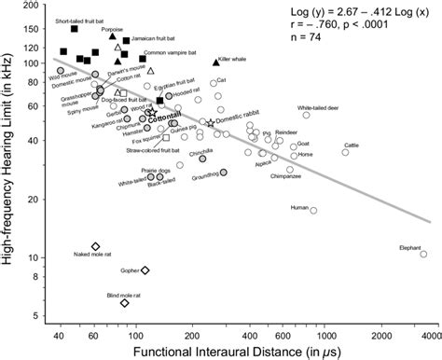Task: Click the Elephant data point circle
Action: click(x=423, y=254)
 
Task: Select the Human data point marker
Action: click(x=313, y=210)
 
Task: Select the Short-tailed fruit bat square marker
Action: click(x=75, y=29)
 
